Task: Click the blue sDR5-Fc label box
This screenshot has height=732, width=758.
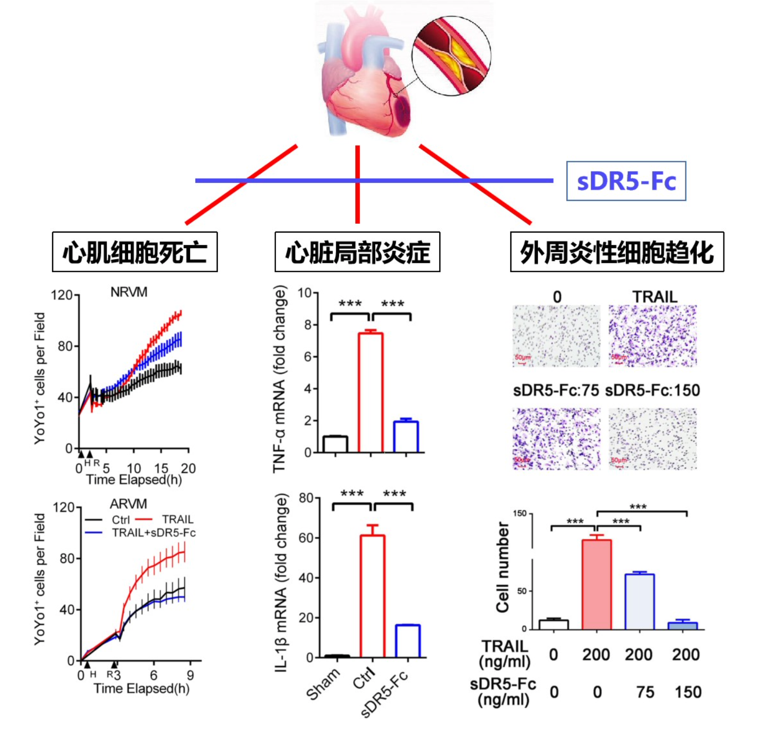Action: point(626,181)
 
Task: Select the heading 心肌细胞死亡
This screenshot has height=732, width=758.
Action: point(134,252)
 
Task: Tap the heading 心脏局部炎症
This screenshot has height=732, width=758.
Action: point(357,252)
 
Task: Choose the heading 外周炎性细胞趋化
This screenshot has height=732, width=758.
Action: point(616,252)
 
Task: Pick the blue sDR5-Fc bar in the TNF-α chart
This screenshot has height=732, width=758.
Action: point(406,437)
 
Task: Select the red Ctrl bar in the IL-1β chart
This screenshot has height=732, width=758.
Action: point(372,596)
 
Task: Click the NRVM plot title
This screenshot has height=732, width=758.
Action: point(129,292)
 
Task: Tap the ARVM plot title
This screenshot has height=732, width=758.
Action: point(128,504)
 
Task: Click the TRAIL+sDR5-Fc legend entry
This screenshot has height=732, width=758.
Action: point(153,533)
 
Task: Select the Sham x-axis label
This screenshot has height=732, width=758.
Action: point(323,685)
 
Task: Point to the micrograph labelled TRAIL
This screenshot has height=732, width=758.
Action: point(652,336)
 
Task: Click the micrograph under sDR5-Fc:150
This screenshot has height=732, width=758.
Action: point(652,439)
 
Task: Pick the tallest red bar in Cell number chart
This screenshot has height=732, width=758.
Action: point(596,584)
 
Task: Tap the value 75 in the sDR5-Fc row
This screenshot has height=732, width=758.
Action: point(645,692)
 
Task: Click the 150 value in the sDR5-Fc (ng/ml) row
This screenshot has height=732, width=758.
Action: point(688,692)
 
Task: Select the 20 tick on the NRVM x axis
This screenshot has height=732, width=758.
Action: point(188,468)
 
